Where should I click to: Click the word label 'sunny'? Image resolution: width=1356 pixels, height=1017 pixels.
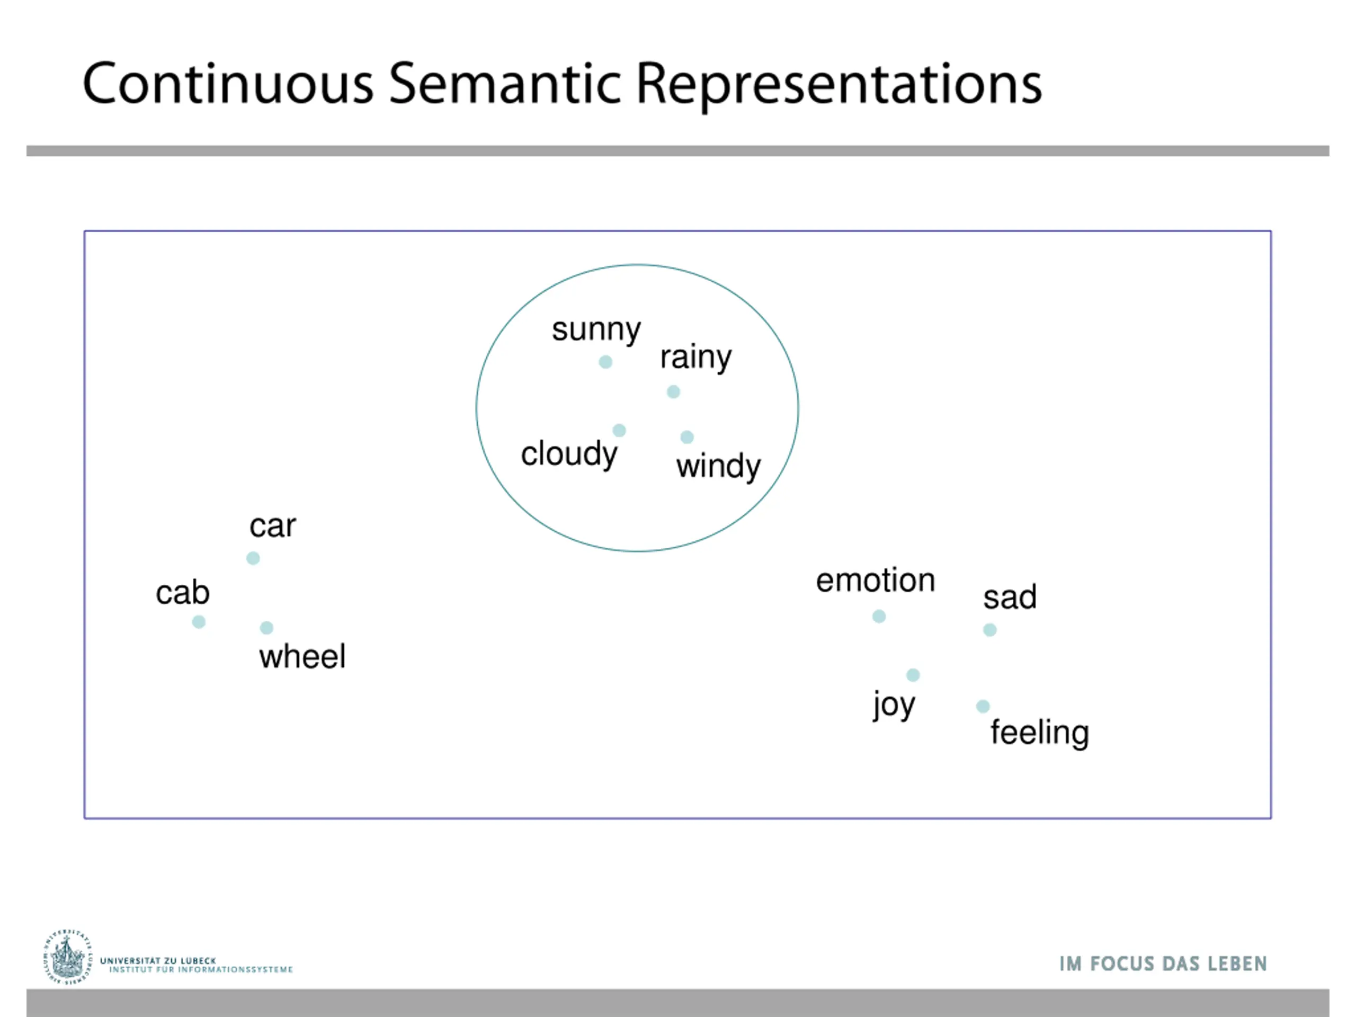[x=596, y=331]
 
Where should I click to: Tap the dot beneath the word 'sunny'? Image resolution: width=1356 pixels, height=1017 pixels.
[x=605, y=362]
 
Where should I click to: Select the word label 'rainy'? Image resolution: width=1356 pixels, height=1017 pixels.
[x=696, y=358]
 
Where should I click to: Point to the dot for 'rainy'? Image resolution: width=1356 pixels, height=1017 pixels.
[x=673, y=392]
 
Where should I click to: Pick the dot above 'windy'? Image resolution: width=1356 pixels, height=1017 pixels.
[x=687, y=437]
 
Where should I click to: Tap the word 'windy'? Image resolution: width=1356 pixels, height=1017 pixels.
[x=718, y=467]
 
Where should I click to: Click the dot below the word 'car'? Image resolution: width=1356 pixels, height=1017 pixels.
[x=253, y=558]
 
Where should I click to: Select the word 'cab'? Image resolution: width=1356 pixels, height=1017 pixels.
[x=183, y=593]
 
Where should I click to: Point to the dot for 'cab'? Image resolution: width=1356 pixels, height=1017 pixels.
[x=199, y=622]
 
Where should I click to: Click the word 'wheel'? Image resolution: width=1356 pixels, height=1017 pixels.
[x=302, y=656]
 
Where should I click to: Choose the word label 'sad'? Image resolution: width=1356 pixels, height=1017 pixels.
[x=1010, y=597]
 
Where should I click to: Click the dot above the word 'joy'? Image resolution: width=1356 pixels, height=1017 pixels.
[x=913, y=675]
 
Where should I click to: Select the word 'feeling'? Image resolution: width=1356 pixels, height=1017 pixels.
[x=1040, y=733]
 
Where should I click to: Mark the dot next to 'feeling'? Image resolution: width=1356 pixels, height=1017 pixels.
[x=983, y=706]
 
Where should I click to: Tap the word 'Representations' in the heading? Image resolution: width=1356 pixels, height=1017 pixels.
[x=838, y=85]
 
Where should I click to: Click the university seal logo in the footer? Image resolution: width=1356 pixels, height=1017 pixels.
[x=67, y=957]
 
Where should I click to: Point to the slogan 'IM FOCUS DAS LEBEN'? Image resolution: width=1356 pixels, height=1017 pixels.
[x=1163, y=964]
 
